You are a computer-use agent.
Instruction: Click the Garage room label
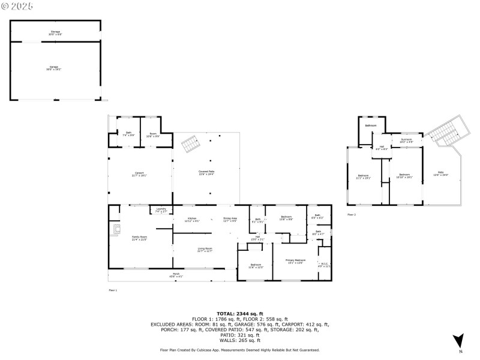click(55, 69)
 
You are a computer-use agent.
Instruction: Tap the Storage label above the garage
click(55, 32)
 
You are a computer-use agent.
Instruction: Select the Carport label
click(139, 175)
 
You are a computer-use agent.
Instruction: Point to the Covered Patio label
click(206, 173)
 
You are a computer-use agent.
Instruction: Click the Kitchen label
click(192, 220)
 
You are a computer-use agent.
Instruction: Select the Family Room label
click(139, 238)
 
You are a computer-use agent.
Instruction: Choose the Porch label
click(176, 276)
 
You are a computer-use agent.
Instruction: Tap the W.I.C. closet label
click(325, 265)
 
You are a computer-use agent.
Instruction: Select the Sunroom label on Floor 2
click(406, 140)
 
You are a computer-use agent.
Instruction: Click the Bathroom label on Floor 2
click(371, 125)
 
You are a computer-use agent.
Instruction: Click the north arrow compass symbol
click(459, 340)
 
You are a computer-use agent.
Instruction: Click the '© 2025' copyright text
click(18, 6)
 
